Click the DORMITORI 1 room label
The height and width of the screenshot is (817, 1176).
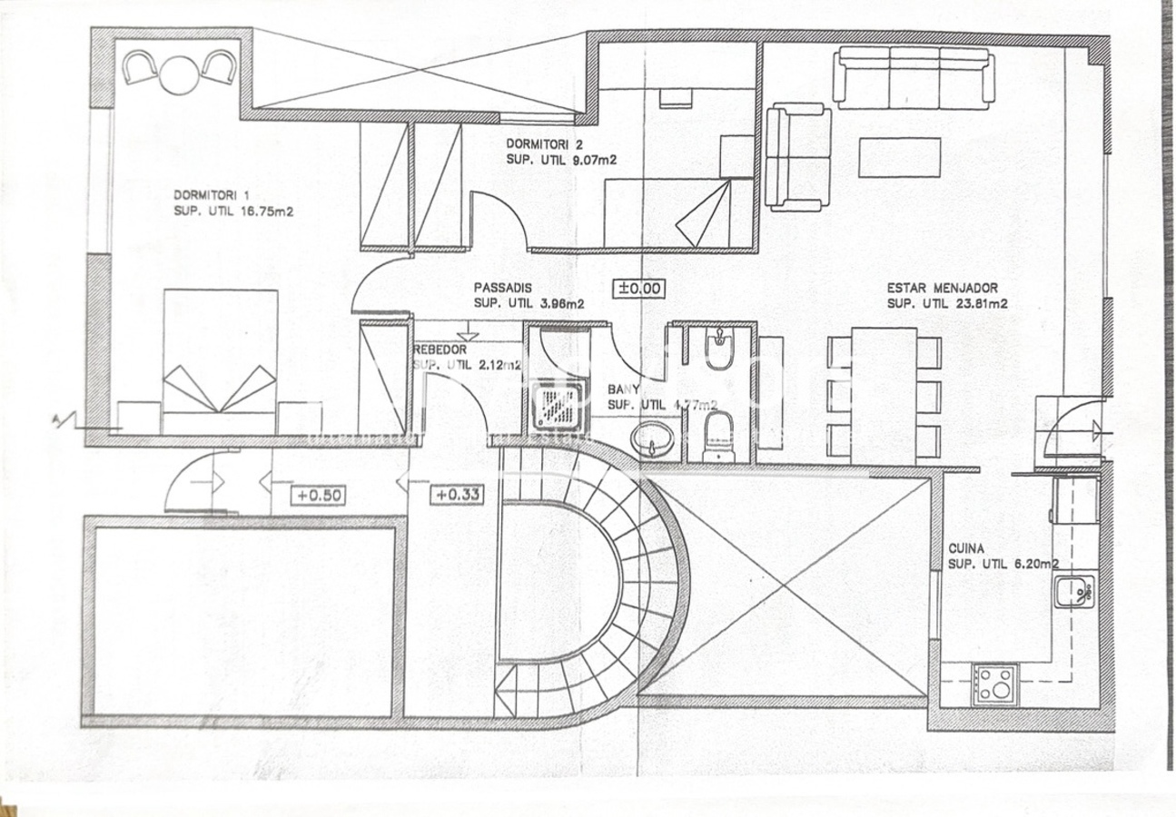click(x=211, y=194)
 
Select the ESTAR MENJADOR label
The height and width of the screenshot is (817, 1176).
click(x=943, y=289)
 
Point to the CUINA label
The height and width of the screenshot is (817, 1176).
click(x=967, y=548)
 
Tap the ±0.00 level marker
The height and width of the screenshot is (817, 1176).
click(x=640, y=289)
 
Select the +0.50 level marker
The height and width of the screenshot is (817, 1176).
click(x=318, y=496)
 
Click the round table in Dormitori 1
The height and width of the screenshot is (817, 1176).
click(x=179, y=74)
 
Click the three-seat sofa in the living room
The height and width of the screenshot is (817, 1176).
click(x=913, y=77)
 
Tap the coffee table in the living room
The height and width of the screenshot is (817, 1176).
click(x=899, y=157)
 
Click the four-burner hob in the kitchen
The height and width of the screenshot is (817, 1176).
click(x=994, y=685)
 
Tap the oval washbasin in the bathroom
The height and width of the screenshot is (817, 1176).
click(x=654, y=439)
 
